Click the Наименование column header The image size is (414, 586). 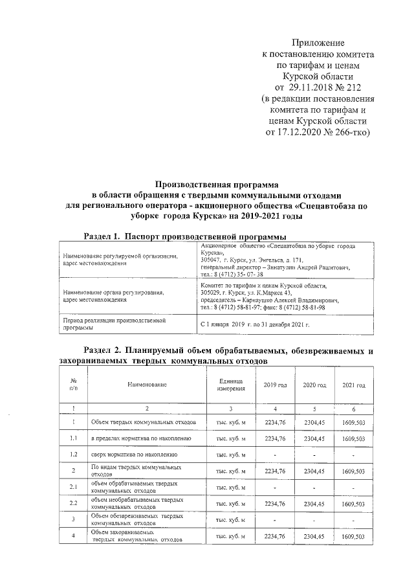[x=147, y=385]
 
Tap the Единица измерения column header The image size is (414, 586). [x=230, y=385]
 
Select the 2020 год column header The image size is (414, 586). [x=314, y=385]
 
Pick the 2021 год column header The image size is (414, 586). [x=354, y=385]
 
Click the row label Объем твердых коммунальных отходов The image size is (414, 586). [x=143, y=422]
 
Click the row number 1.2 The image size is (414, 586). [x=74, y=455]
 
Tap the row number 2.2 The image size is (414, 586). [x=74, y=503]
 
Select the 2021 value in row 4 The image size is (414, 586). [x=354, y=536]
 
